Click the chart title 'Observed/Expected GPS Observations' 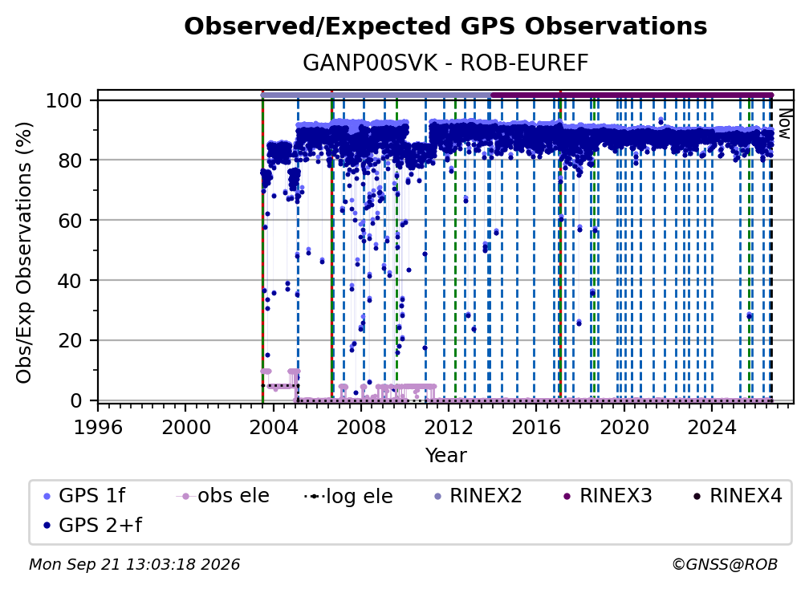click(x=445, y=26)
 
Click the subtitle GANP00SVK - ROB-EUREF click(x=445, y=63)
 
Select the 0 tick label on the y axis click(x=76, y=400)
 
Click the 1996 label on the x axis click(x=98, y=428)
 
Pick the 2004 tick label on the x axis click(x=274, y=428)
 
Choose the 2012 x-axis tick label click(x=449, y=428)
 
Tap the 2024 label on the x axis click(x=711, y=428)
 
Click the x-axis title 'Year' click(x=445, y=456)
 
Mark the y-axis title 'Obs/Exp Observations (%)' click(x=24, y=253)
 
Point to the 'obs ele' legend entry click(x=223, y=496)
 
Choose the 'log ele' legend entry click(x=349, y=497)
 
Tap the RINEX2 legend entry click(x=478, y=496)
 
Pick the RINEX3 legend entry click(x=608, y=496)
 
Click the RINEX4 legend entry click(x=738, y=496)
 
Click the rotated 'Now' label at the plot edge click(x=784, y=124)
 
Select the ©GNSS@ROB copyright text click(x=725, y=565)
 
